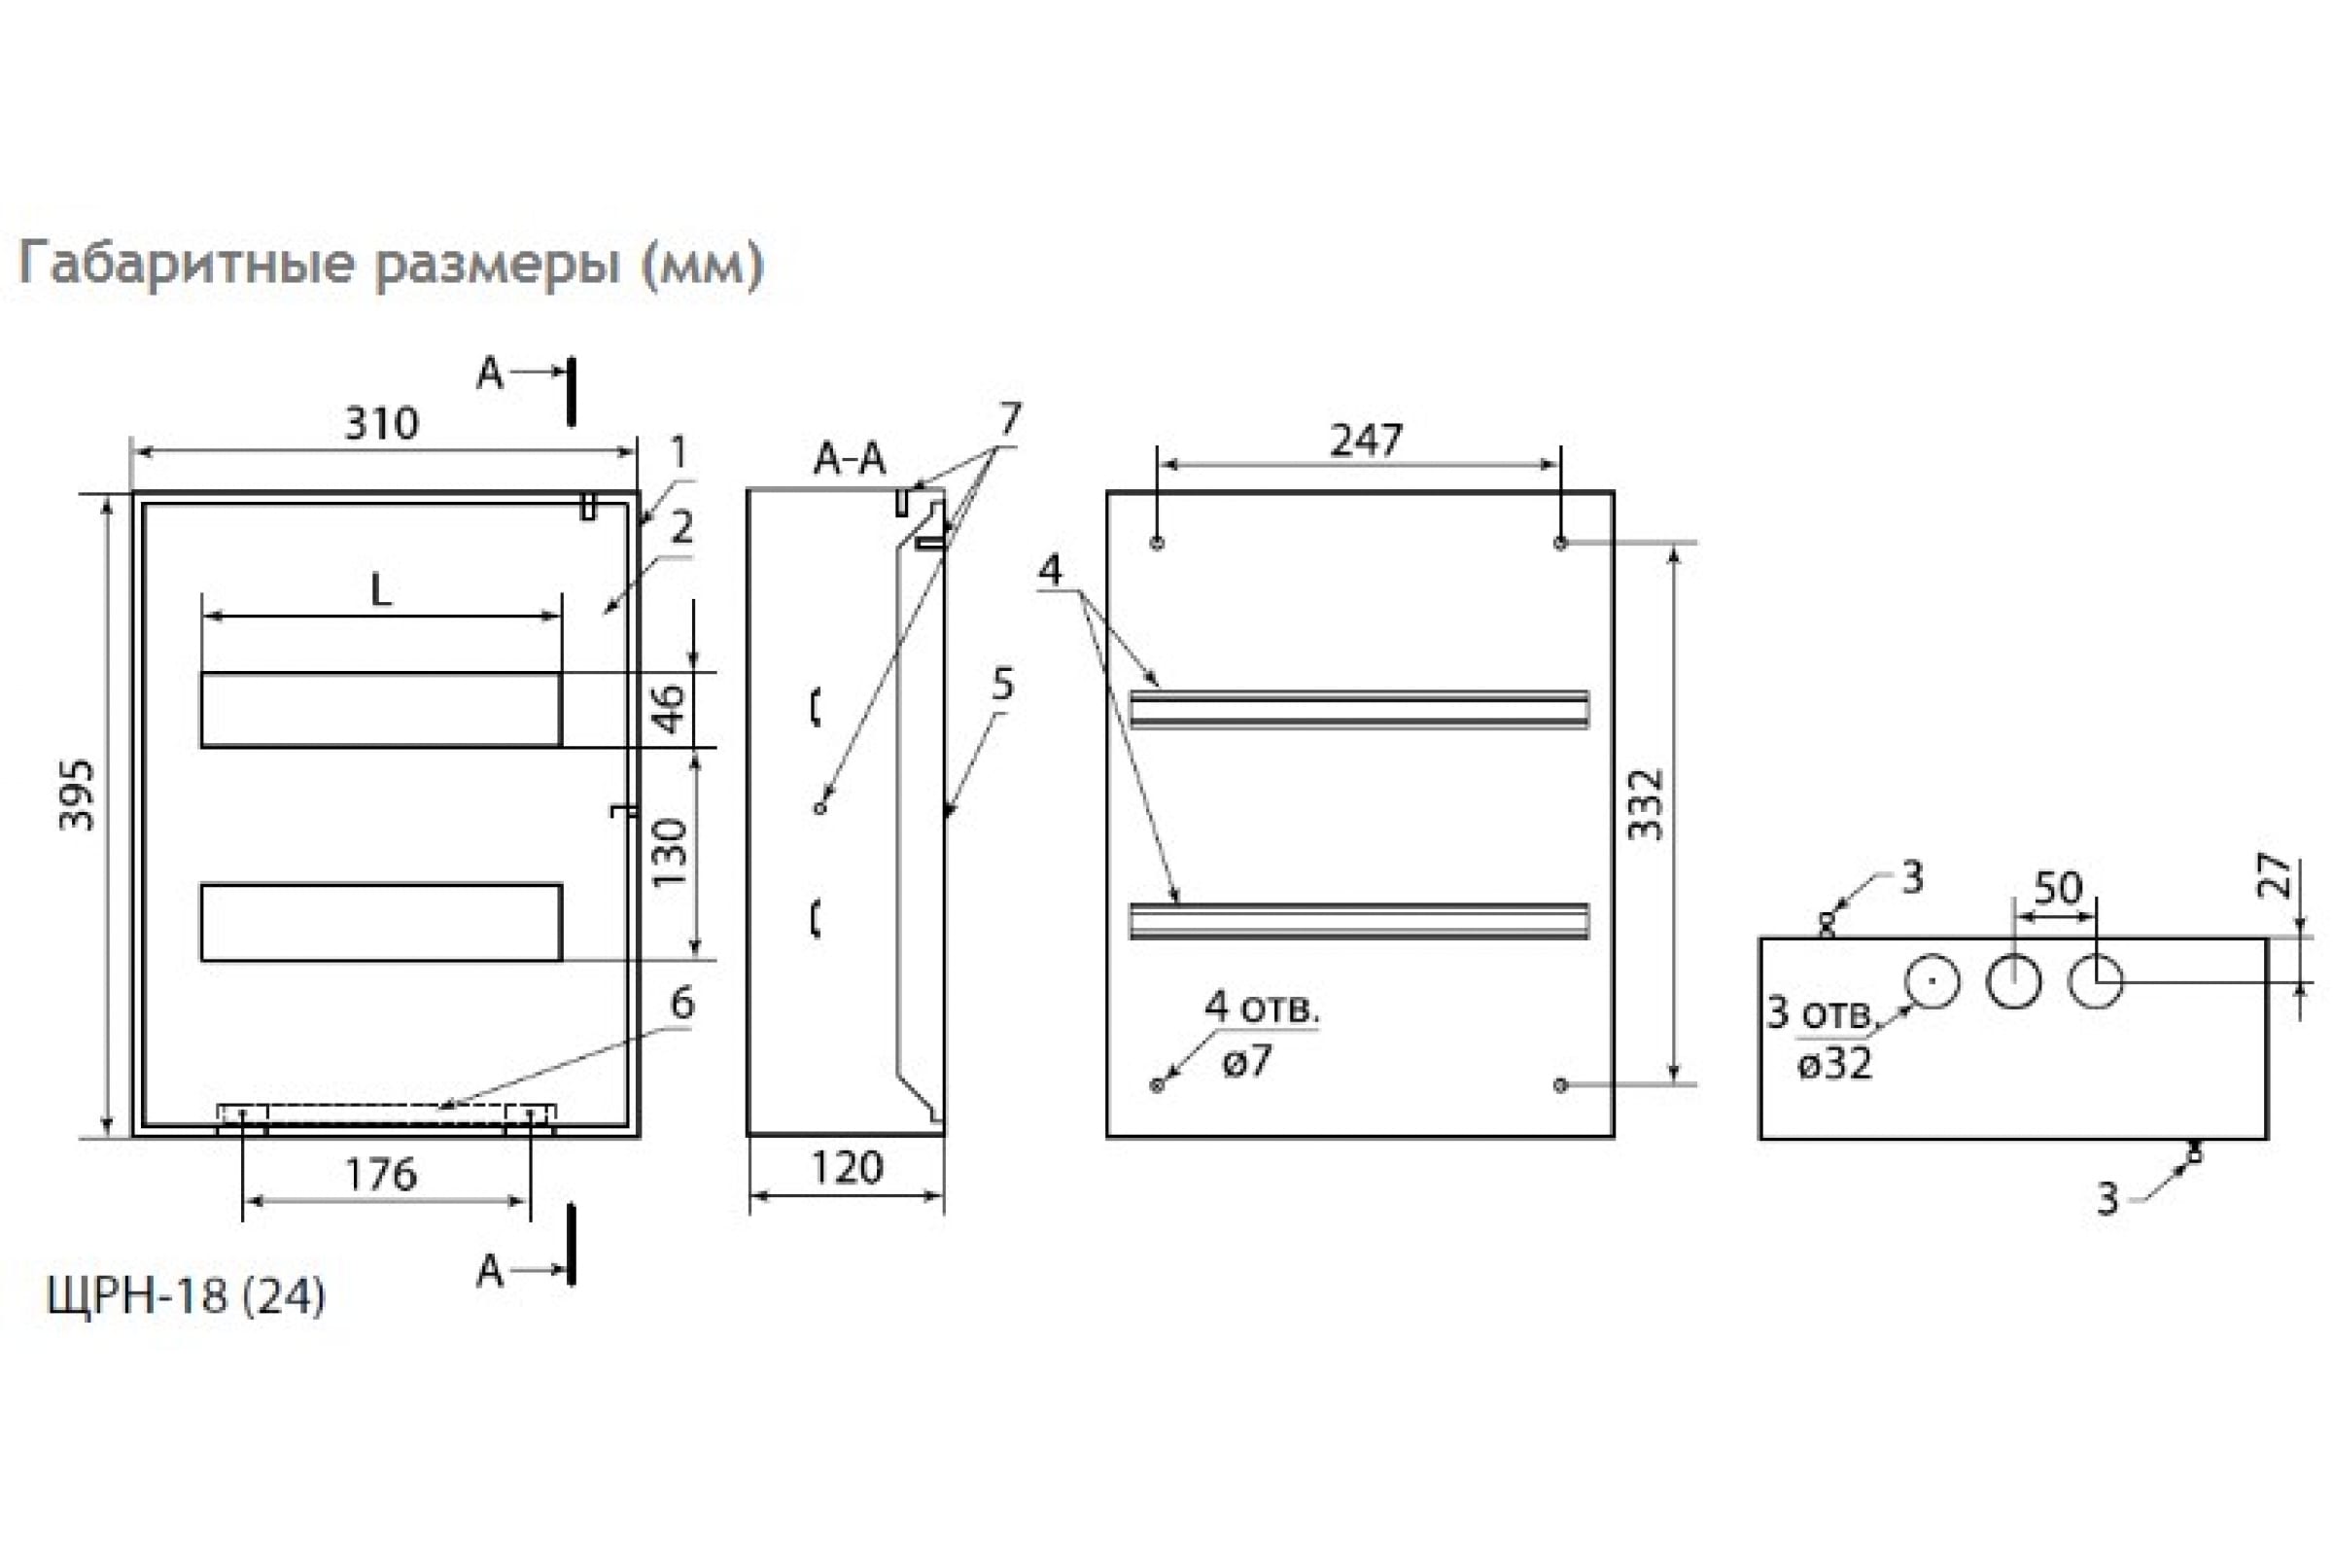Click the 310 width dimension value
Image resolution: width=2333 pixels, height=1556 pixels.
(x=382, y=424)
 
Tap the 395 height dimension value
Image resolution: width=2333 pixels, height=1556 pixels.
(x=78, y=795)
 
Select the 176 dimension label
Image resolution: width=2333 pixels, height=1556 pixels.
(x=382, y=1175)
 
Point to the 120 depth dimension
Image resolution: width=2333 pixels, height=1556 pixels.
(x=847, y=1168)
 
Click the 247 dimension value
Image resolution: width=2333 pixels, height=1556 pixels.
(x=1366, y=440)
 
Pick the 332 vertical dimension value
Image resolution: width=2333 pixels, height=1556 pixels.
(x=1646, y=805)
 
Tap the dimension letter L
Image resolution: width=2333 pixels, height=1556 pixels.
(x=381, y=591)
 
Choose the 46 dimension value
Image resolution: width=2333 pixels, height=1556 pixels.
(x=671, y=708)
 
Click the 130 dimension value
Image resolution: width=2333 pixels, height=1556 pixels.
(x=671, y=854)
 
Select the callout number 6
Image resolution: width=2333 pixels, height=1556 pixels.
(x=682, y=1004)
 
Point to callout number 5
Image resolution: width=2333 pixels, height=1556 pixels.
(x=1003, y=684)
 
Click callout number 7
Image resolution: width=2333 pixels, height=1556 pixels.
(x=1010, y=419)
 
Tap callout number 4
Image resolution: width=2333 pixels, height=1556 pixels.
(x=1050, y=570)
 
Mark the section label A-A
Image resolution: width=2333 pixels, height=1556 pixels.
(x=849, y=458)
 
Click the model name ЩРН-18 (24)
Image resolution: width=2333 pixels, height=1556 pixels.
(x=186, y=1296)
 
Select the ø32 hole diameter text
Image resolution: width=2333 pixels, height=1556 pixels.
(x=1834, y=1064)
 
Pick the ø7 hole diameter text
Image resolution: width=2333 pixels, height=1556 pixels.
(x=1247, y=1061)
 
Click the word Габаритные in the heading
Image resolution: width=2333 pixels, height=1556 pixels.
(x=187, y=264)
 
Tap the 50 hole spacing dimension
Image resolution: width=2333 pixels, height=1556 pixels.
(x=2058, y=888)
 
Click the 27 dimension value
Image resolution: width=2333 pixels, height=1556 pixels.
(x=2278, y=875)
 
